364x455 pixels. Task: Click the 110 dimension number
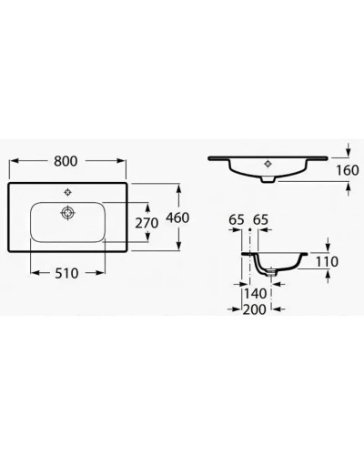click(326, 261)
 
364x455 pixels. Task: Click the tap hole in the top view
click(68, 193)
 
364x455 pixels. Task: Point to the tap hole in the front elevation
click(266, 165)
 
